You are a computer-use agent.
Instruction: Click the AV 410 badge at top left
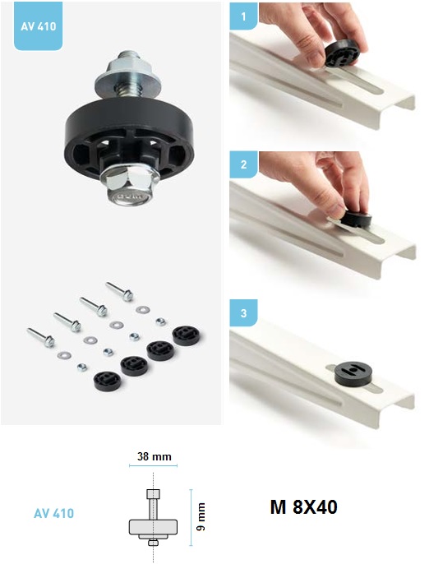click(38, 26)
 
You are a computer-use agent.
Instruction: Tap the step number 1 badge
click(243, 16)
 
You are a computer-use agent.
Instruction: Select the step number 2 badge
click(243, 164)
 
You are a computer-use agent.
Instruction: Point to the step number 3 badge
click(243, 312)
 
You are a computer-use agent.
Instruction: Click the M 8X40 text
click(303, 506)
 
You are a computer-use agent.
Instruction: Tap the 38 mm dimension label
click(154, 456)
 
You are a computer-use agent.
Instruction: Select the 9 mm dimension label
click(201, 516)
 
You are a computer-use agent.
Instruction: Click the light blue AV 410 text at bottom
click(53, 513)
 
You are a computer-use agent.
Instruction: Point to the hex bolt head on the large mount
click(128, 186)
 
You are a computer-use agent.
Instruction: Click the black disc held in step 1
click(343, 53)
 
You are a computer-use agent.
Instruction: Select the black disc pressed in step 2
click(356, 219)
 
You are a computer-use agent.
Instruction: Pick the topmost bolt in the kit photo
click(119, 291)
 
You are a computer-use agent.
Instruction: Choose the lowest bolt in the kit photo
click(40, 337)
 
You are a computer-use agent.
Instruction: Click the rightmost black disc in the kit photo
click(186, 335)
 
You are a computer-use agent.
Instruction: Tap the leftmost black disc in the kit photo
click(108, 381)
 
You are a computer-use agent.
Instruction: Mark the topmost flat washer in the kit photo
click(143, 309)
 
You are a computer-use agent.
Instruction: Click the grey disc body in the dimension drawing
click(153, 526)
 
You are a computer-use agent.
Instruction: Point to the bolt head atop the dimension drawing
click(153, 494)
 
